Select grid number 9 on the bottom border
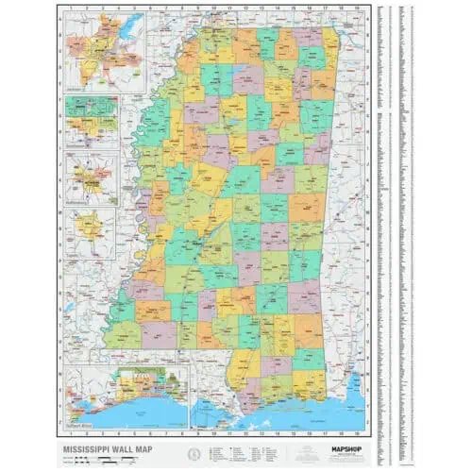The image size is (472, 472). point(198,424)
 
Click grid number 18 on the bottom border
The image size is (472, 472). point(342,424)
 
